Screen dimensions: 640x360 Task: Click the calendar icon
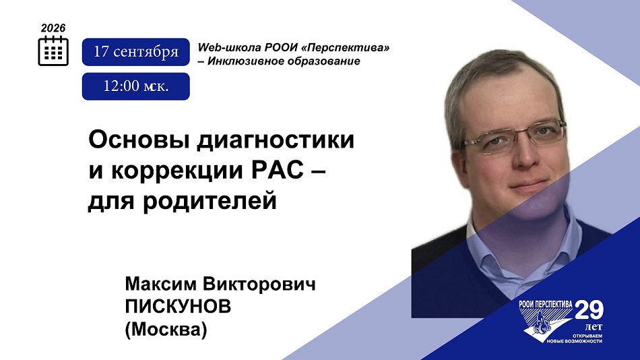pos(53,51)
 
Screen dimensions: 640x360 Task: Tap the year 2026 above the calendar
pos(53,28)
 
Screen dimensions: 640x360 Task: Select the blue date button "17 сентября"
pos(136,52)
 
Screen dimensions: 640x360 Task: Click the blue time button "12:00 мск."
pos(136,86)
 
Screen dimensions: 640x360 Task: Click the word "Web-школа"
pos(229,47)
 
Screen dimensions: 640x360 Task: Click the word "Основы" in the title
pos(139,140)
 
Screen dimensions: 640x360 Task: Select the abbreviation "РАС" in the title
pos(277,171)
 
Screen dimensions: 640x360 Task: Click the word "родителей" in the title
pos(210,202)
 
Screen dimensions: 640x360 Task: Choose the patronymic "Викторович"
pos(259,284)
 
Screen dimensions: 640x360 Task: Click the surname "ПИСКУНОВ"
pos(178,307)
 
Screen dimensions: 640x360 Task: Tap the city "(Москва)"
pos(166,330)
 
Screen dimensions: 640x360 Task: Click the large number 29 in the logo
pos(589,311)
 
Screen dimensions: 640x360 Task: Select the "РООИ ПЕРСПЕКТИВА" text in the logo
pos(545,304)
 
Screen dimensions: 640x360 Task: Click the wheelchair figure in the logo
pos(542,324)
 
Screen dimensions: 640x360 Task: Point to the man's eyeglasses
pos(513,138)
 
